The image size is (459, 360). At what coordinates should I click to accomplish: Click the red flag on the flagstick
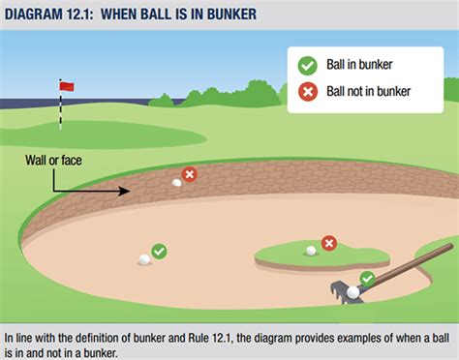(x=66, y=86)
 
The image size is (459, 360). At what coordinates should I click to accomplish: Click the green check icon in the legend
(x=307, y=65)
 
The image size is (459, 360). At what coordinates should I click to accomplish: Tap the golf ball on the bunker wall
(x=176, y=182)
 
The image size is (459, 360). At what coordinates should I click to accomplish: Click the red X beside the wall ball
(x=190, y=174)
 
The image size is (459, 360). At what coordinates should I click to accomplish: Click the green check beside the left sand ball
(x=160, y=251)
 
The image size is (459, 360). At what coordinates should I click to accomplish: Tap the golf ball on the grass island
(x=311, y=251)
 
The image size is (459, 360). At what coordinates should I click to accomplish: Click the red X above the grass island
(x=329, y=242)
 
